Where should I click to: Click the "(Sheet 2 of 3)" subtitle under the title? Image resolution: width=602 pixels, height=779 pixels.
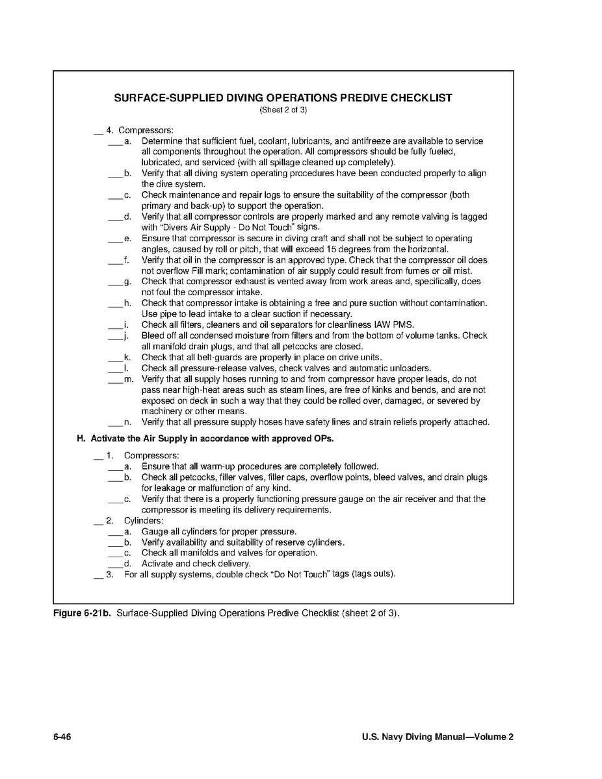(x=283, y=110)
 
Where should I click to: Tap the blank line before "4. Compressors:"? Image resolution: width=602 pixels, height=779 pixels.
(x=98, y=131)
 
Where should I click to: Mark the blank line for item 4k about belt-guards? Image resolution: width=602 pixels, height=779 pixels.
(x=114, y=358)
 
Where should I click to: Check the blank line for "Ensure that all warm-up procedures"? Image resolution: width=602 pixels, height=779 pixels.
(x=114, y=467)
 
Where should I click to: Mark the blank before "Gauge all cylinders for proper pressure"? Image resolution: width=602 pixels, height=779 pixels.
(x=114, y=532)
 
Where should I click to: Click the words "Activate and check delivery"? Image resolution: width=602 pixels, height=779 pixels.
(x=196, y=564)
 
